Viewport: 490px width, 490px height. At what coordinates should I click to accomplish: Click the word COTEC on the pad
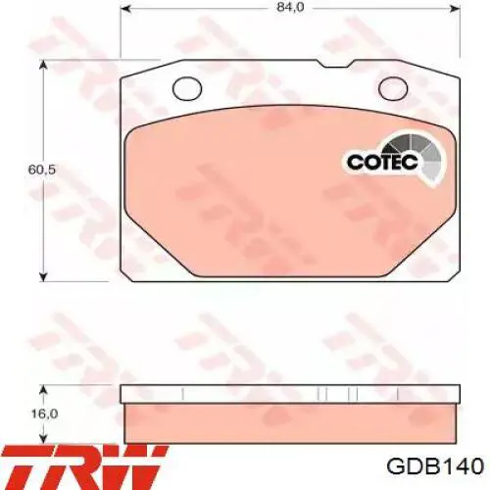click(x=378, y=162)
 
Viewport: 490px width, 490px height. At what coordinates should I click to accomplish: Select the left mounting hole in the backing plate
click(x=185, y=88)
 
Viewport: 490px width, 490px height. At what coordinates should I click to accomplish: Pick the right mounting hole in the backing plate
click(x=399, y=88)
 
